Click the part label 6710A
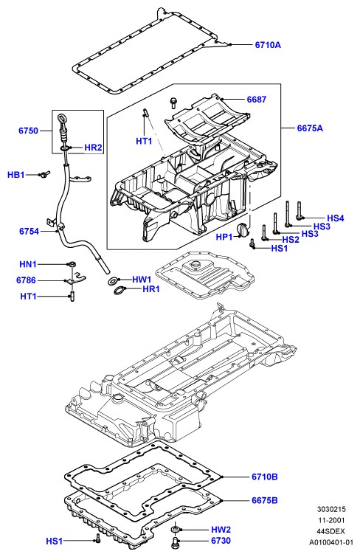click(x=268, y=45)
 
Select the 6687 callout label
click(x=257, y=100)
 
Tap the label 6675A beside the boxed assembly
click(x=310, y=128)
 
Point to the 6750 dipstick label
click(x=29, y=131)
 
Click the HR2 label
click(x=93, y=148)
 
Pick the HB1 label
click(x=16, y=175)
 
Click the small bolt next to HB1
click(x=45, y=174)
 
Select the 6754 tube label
click(x=30, y=232)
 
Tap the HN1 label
click(x=28, y=264)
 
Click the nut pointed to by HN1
click(x=72, y=264)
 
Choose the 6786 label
click(x=26, y=280)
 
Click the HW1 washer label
click(x=142, y=280)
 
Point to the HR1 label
click(x=151, y=289)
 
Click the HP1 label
click(x=224, y=237)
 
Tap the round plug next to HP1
click(x=243, y=229)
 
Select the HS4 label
click(x=336, y=218)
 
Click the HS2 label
click(x=291, y=240)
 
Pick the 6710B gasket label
click(x=265, y=477)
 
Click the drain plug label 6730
click(x=221, y=541)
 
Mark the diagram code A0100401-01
click(x=331, y=542)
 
